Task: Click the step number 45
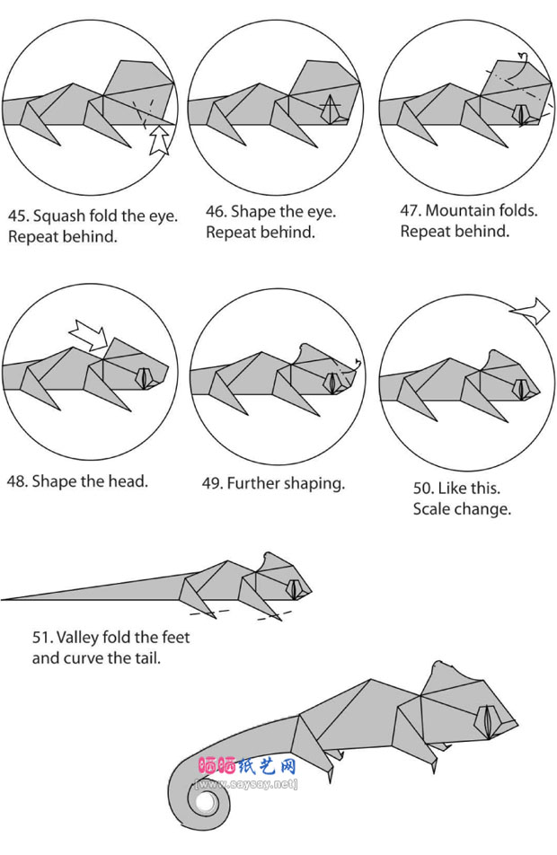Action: [17, 216]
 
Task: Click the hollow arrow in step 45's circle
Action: [159, 139]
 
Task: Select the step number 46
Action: [215, 212]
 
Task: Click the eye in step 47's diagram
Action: [522, 115]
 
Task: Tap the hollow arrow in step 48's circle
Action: [89, 334]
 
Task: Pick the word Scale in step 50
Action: [429, 508]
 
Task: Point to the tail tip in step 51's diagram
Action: [2, 600]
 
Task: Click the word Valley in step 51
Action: [77, 638]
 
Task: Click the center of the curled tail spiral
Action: [207, 804]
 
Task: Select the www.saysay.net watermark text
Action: [246, 784]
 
